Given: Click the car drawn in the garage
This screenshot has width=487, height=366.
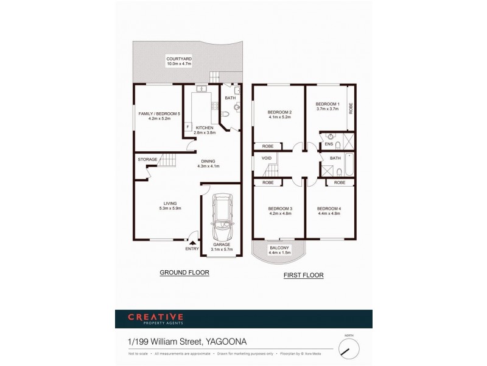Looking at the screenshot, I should (221, 218).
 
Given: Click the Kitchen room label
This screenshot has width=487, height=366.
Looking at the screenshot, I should (205, 129).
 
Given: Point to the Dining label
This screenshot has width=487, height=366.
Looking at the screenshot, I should (207, 163).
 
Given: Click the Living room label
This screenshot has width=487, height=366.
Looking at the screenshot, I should (170, 206).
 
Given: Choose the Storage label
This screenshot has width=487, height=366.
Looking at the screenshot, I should (147, 159).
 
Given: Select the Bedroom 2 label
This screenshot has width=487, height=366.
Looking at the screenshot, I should (280, 113).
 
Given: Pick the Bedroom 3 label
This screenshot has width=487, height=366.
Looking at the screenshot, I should (280, 211).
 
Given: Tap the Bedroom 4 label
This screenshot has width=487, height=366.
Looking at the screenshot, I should (329, 211).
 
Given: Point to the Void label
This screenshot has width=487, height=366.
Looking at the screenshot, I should (266, 158).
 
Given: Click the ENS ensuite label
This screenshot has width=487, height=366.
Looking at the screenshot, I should (328, 144).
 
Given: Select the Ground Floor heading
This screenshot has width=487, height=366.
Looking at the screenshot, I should (184, 273).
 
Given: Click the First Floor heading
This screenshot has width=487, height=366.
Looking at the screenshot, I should (304, 276).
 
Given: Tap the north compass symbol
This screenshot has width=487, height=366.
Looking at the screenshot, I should (348, 349).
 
